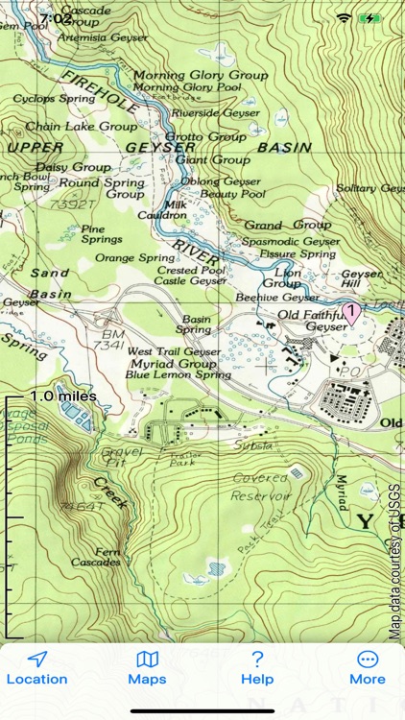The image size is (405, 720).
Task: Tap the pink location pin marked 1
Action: coord(352,311)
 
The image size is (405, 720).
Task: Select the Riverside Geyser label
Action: coord(215,112)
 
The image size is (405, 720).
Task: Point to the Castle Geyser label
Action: coord(191,281)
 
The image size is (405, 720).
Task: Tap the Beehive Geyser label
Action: coord(279,298)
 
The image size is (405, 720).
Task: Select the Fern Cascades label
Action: coord(95,556)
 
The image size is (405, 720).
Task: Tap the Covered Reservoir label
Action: coord(259,487)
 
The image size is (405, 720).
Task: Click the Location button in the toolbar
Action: coord(37,668)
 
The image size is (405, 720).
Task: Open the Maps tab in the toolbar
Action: coord(147,668)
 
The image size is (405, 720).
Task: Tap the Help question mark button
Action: coord(257,668)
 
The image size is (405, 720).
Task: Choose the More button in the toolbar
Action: coord(367,668)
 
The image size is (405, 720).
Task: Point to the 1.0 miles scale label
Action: coord(62,396)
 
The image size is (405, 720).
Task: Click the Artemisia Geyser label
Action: coord(104,37)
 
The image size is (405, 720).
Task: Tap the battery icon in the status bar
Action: coord(369,18)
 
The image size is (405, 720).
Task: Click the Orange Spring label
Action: coord(134,258)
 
